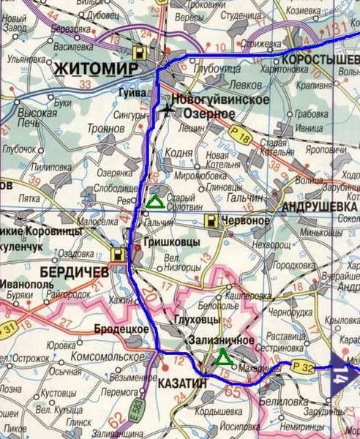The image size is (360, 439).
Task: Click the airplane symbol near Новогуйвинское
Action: coord(170,109)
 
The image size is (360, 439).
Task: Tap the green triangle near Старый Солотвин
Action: coord(154,202)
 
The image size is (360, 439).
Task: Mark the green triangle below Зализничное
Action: coord(222,357)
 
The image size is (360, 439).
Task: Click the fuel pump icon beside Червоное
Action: coord(211,220)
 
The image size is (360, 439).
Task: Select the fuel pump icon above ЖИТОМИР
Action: coord(139,52)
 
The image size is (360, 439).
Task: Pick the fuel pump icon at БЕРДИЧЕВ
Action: coord(117,255)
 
